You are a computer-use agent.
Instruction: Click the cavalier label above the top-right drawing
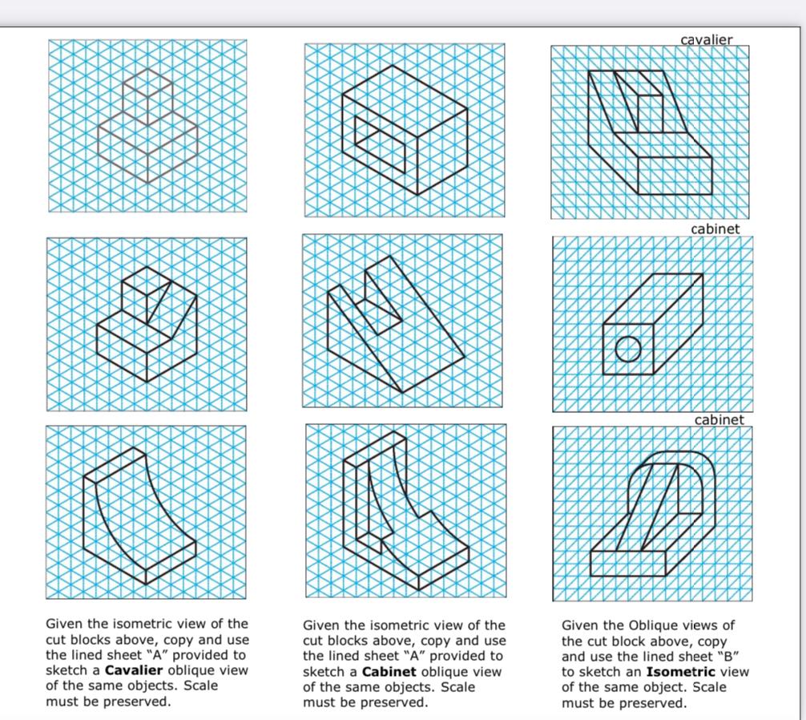[x=706, y=39]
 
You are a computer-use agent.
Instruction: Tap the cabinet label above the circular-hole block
[x=715, y=229]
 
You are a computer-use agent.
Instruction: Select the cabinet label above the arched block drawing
[x=719, y=419]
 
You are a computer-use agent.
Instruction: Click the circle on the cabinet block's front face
[x=628, y=350]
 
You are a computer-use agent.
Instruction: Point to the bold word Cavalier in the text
[x=134, y=670]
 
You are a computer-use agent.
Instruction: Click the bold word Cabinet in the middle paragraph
[x=389, y=671]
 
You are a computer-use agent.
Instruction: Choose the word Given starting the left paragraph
[x=64, y=624]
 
